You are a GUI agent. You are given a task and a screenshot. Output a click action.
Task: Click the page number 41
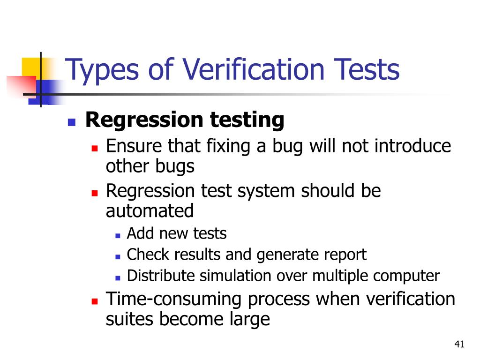(x=459, y=345)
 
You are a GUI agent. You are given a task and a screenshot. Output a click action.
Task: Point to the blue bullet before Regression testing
(x=72, y=123)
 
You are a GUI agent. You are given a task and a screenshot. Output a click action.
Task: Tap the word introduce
(x=412, y=146)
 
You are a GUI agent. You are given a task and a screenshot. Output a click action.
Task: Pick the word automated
(x=150, y=211)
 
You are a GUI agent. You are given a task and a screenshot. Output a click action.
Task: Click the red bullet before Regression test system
(x=94, y=193)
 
